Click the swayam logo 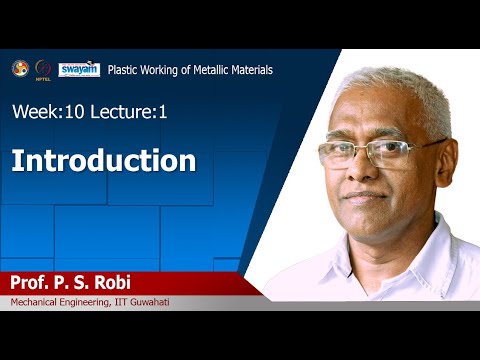[x=78, y=69]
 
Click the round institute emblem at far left [x=19, y=68]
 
